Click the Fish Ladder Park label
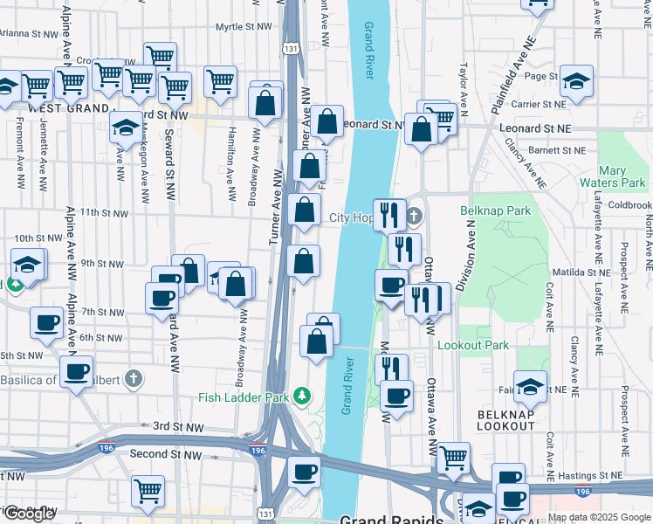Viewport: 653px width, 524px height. (244, 397)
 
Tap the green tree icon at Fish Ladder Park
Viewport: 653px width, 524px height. (302, 396)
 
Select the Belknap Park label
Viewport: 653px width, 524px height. (495, 211)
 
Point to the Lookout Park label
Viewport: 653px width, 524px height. (472, 345)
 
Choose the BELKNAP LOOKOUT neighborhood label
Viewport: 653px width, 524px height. (505, 418)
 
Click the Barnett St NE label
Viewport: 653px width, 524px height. (554, 150)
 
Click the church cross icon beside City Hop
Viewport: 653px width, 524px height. (415, 217)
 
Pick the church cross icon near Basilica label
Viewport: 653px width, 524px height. (132, 379)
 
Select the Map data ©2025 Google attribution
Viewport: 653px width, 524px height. (599, 517)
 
